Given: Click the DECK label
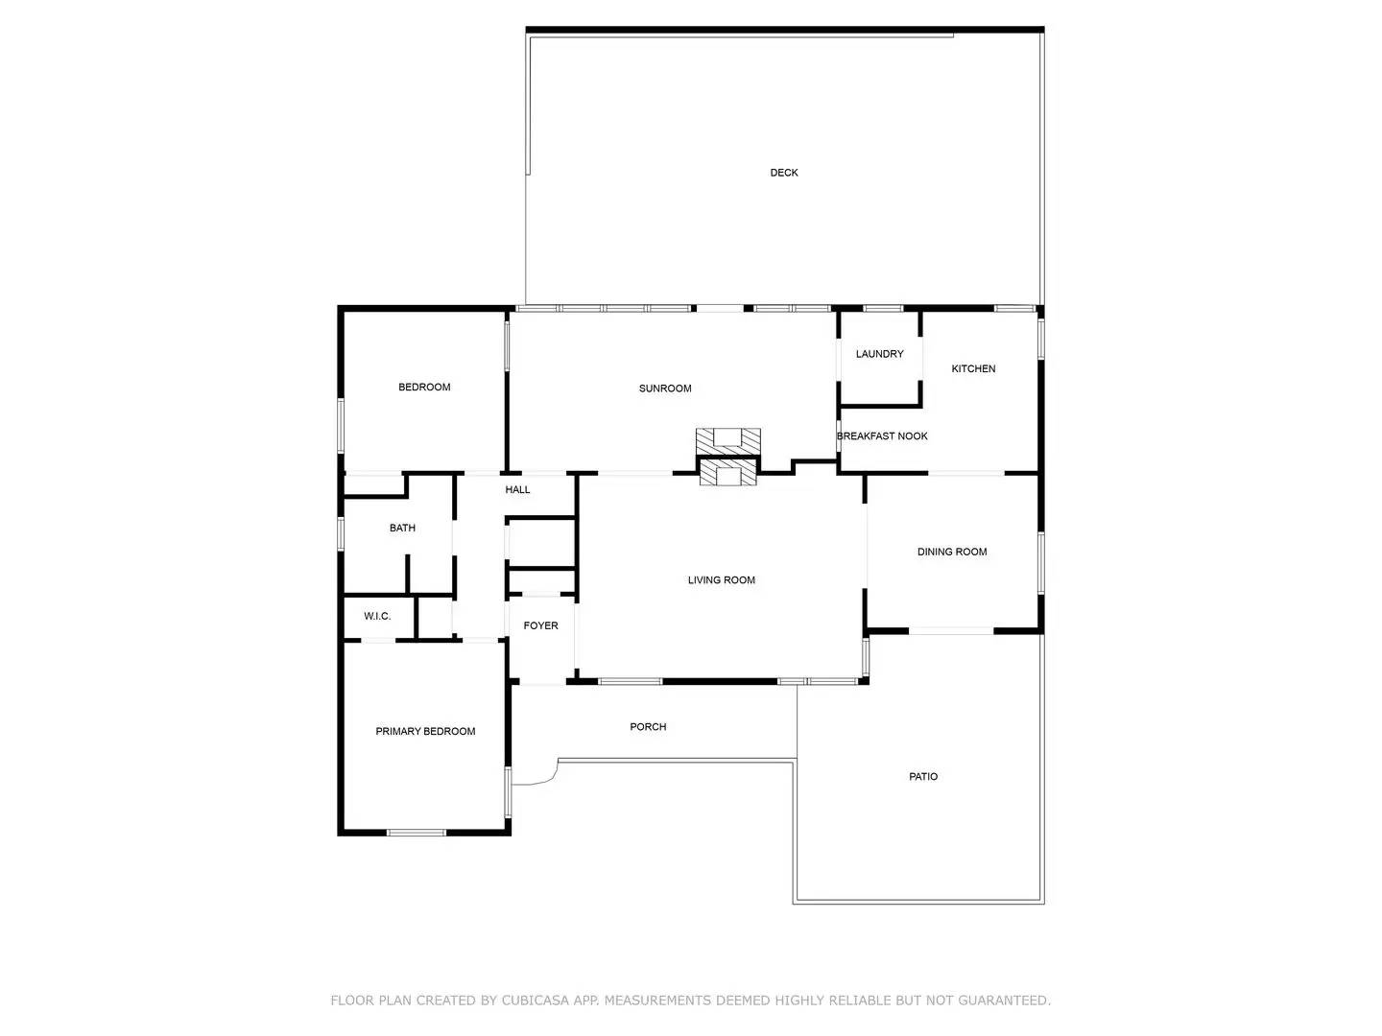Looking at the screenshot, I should point(784,173).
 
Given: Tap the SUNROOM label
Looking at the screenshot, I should point(665,388).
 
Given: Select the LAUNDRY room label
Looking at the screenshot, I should point(879,354).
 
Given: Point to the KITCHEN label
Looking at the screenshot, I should point(973,368).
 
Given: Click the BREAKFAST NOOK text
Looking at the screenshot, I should point(882,436).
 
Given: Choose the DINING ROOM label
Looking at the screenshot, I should point(952,552).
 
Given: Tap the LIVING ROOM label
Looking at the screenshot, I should point(721,580).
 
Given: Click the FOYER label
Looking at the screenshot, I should point(540,625).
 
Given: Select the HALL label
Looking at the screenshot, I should point(517,490).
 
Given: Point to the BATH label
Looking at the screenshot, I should point(402,528).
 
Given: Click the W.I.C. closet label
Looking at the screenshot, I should point(377,616).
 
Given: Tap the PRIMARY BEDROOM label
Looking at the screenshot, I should point(425,732).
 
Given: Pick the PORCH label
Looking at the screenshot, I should point(648,727).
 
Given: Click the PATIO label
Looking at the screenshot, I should point(923,777).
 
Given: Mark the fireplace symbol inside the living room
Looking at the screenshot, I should point(728,474).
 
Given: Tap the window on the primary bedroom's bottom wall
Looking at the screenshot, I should point(417,833).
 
